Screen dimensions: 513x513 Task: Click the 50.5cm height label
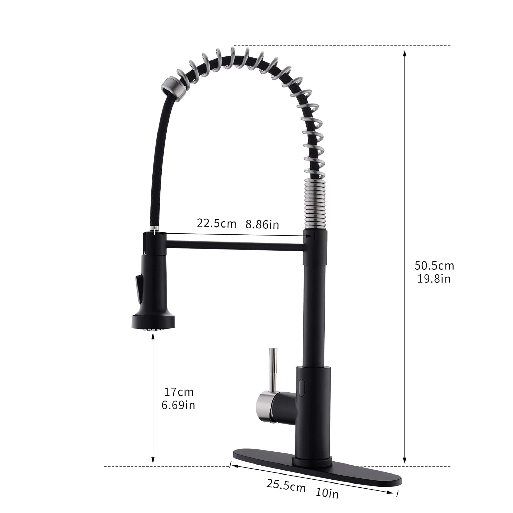434,265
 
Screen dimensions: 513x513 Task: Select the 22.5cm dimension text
216,223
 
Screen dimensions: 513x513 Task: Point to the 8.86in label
262,224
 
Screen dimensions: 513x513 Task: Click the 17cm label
179,392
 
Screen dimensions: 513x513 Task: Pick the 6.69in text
179,405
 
